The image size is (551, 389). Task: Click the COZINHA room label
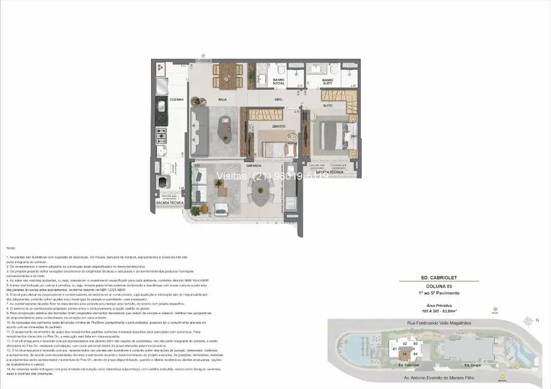coord(176,99)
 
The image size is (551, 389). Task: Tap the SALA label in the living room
coord(221,99)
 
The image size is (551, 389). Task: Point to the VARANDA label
coord(252,165)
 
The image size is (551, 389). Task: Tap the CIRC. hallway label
coord(278,99)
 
